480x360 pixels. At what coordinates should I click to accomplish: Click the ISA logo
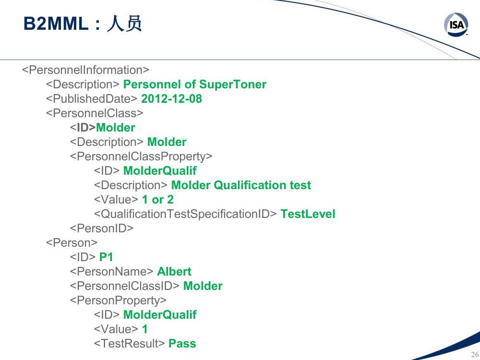tap(456, 24)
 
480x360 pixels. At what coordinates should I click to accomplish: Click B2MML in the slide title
tap(56, 24)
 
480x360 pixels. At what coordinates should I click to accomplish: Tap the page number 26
tap(475, 355)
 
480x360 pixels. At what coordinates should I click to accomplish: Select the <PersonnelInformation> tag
tap(85, 70)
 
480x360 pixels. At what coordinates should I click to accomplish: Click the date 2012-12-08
tap(171, 98)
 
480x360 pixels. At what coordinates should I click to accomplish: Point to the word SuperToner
tap(233, 84)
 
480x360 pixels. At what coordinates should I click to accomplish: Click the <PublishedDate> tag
tap(92, 98)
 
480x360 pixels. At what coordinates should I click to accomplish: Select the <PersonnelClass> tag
tap(95, 113)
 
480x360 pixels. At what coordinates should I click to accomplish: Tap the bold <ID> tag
tap(83, 127)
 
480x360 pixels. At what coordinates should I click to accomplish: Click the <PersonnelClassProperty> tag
tap(141, 156)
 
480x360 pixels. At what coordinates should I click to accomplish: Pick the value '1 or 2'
tap(157, 200)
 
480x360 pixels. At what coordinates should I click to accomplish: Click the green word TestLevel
tap(308, 214)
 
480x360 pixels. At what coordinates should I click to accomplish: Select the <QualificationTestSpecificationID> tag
tap(185, 214)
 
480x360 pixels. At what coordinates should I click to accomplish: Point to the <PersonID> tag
tap(102, 228)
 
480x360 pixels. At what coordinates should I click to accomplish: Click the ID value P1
tap(106, 257)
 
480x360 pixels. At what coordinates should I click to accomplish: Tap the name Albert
tap(174, 272)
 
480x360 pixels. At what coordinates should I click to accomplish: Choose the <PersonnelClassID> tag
tap(125, 286)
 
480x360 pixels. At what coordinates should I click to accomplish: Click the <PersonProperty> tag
tap(118, 300)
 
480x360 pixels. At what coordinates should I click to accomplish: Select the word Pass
tap(182, 344)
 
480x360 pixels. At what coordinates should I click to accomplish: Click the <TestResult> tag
tap(130, 344)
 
